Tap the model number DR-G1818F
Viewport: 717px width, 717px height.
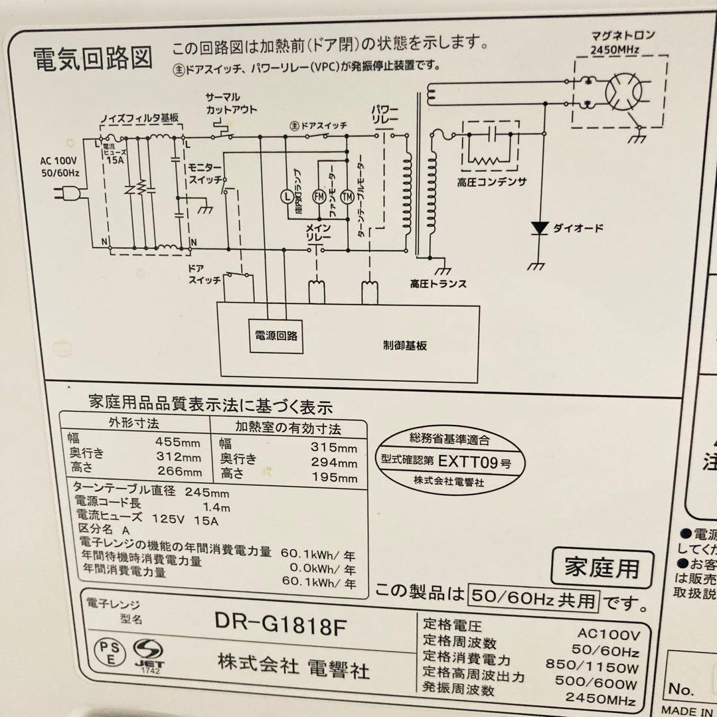(x=281, y=623)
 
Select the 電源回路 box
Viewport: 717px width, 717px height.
(x=276, y=335)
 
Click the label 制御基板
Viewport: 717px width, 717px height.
(x=404, y=345)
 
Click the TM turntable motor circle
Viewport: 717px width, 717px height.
(x=347, y=196)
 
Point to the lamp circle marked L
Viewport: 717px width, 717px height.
(x=285, y=196)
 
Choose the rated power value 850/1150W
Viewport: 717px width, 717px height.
(x=592, y=663)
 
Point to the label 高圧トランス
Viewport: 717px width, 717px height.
(x=438, y=283)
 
